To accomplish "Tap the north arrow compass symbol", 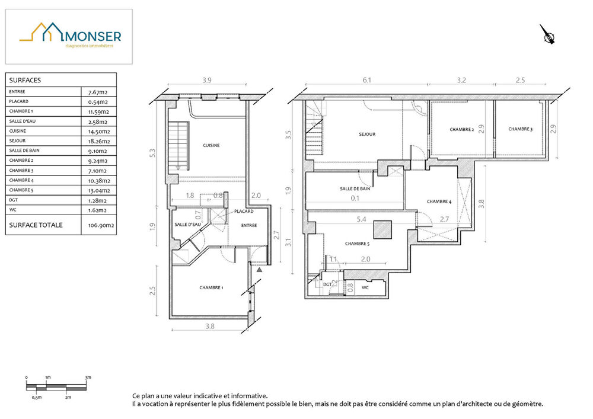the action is click(547, 34).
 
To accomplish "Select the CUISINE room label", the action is click(211, 145).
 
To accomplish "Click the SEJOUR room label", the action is click(367, 134).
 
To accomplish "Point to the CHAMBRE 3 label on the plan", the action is click(521, 129).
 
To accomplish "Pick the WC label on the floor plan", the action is click(365, 287).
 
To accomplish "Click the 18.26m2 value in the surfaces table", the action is click(99, 141).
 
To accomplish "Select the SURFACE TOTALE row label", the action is click(36, 225).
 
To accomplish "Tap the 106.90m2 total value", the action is click(101, 225).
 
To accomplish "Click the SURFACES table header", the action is click(25, 80).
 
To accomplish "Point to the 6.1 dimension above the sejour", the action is click(367, 80).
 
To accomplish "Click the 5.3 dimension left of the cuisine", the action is click(152, 153).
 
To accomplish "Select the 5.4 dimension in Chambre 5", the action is click(361, 219).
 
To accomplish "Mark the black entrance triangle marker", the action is click(260, 270).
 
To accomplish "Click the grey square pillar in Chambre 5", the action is click(382, 230).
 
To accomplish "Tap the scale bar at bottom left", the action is click(56, 387).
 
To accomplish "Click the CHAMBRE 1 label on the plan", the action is click(212, 287).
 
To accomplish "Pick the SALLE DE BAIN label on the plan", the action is click(355, 188).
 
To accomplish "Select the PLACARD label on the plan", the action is click(244, 211).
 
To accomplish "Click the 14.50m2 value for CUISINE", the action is click(99, 132).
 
